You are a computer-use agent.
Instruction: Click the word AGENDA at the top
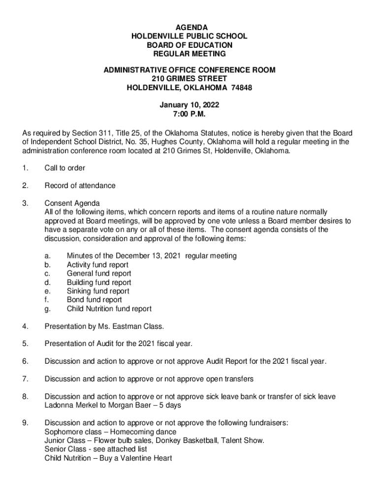(x=189, y=27)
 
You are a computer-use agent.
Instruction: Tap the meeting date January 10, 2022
(x=189, y=105)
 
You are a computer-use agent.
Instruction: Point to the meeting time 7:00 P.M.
(x=189, y=114)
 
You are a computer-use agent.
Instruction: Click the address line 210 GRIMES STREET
(x=189, y=79)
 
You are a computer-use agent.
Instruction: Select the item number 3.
(x=25, y=203)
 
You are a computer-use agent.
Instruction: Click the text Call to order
(x=64, y=168)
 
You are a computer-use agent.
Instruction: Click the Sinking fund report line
(x=98, y=291)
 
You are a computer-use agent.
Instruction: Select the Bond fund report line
(x=95, y=300)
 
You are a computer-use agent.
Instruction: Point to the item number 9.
(x=25, y=423)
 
